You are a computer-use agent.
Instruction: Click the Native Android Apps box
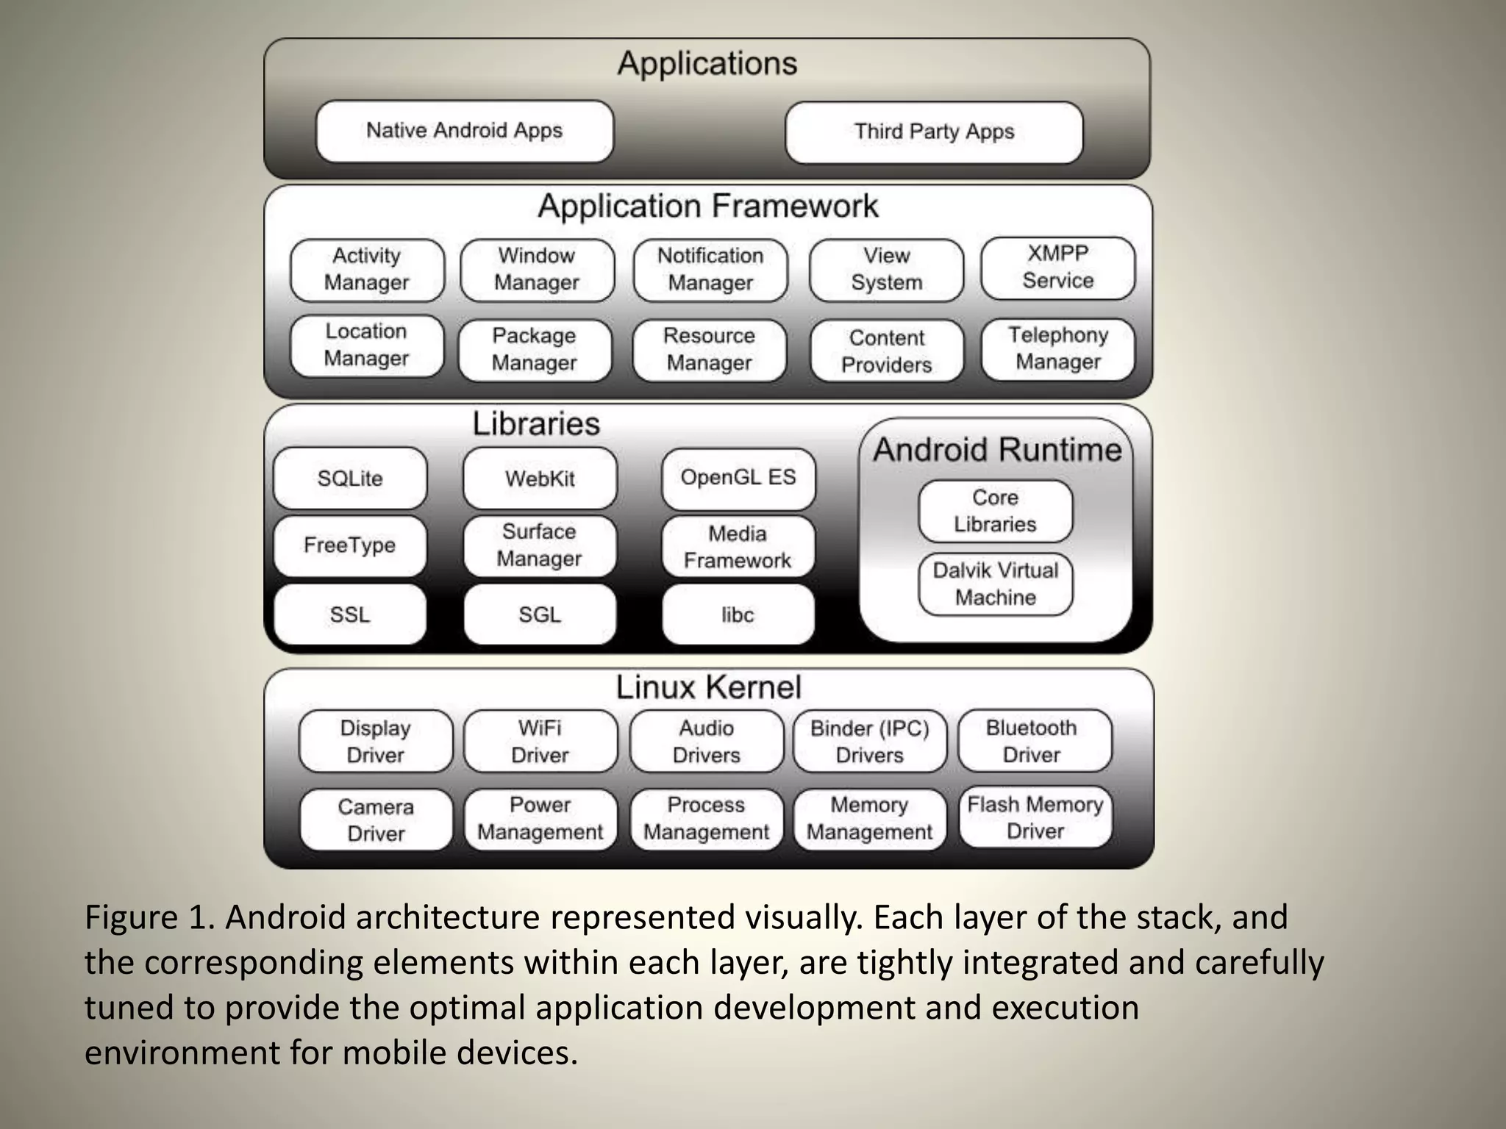(464, 132)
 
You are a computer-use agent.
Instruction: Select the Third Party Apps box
(934, 132)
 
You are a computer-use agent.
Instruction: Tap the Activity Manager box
(367, 270)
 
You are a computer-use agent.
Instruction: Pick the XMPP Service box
(1057, 268)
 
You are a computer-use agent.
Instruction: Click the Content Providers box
(886, 351)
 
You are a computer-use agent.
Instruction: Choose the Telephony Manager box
(1057, 348)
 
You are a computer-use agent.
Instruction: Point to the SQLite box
(350, 479)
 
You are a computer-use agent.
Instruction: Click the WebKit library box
(540, 479)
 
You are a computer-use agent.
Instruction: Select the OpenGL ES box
(738, 478)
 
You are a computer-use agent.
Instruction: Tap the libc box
(738, 614)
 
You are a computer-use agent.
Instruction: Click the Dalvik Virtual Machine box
(995, 584)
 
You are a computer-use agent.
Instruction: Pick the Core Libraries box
(995, 511)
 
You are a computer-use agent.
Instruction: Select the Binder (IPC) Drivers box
(869, 741)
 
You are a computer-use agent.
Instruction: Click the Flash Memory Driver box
(1035, 817)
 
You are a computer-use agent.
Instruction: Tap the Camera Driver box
(376, 820)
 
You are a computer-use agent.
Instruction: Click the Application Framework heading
(707, 207)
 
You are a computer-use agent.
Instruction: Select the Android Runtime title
(997, 450)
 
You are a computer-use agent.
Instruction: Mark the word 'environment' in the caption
(182, 1053)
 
